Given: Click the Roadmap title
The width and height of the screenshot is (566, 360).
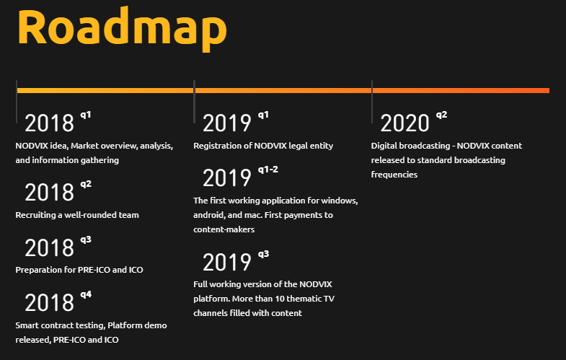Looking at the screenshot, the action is tap(122, 29).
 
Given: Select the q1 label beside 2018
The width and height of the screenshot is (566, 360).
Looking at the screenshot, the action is tap(86, 115).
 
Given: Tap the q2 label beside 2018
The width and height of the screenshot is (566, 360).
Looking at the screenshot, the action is tap(86, 185).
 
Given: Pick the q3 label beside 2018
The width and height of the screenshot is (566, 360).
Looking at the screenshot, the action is tap(86, 240).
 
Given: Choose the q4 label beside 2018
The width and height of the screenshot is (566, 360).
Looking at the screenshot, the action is tap(86, 294).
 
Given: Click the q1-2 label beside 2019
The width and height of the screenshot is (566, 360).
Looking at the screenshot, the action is tap(267, 170).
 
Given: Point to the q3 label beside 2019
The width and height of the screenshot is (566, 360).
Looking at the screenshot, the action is tap(263, 254).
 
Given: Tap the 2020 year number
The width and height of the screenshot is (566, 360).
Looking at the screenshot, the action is tap(404, 123).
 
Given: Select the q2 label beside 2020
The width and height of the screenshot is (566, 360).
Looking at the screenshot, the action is tap(441, 115).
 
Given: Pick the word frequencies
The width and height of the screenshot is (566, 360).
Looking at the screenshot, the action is tap(394, 175).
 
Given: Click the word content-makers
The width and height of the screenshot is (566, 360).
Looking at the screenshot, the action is tap(224, 229).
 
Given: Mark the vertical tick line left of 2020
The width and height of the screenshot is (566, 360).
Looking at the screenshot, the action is tap(372, 102).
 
